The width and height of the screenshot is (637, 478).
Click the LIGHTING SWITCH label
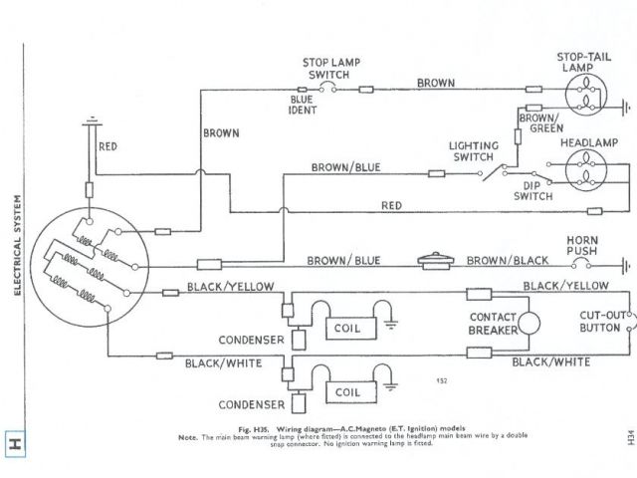473,151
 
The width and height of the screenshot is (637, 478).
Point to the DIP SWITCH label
532,191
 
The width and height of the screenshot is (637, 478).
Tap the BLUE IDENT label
303,105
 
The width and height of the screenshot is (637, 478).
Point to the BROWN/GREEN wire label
540,123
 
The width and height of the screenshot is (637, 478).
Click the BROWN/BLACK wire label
511,260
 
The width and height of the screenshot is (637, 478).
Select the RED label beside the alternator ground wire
109,146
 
